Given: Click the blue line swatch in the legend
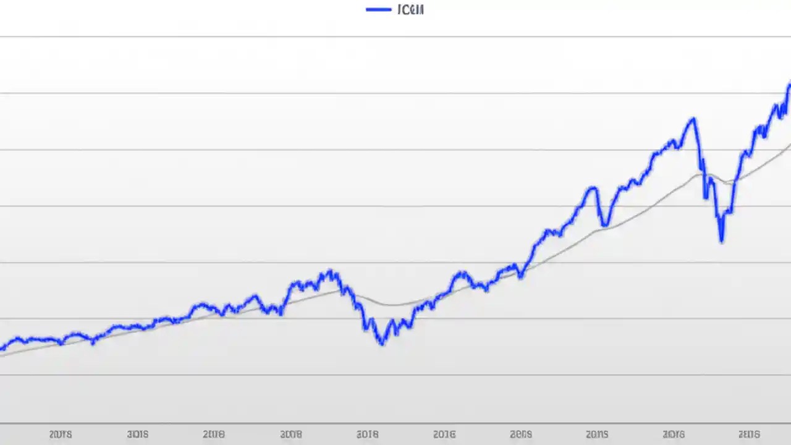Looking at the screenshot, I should (x=378, y=9).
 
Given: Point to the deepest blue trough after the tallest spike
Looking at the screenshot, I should (x=721, y=240).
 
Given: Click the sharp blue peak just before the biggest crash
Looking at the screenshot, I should (x=693, y=119).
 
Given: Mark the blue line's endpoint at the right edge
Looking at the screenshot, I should (x=789, y=85).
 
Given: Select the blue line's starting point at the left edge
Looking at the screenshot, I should (x=1, y=349).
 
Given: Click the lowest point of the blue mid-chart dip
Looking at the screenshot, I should (x=381, y=343).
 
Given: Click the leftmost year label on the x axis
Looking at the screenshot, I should (x=60, y=434).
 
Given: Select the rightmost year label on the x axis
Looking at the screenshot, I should (x=750, y=434).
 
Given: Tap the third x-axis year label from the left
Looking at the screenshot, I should (x=213, y=434).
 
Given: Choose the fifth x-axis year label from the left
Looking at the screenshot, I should (x=367, y=434).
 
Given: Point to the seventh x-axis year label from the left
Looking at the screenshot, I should (x=521, y=434).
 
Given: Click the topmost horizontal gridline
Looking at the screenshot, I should (x=395, y=37).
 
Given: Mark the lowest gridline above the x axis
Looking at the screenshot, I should (x=395, y=375).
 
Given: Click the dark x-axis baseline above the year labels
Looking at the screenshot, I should (x=395, y=424).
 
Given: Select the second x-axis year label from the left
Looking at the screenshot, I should (x=137, y=434).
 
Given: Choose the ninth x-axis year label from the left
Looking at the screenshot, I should (x=673, y=434).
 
